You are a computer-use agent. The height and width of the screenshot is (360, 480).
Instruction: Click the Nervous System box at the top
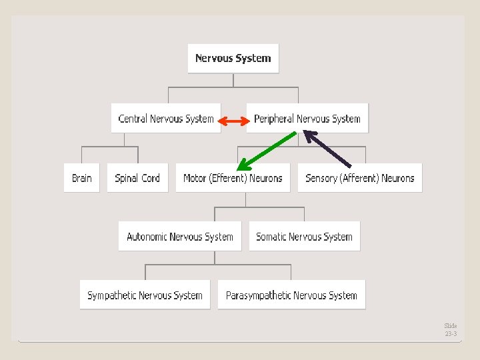(x=233, y=58)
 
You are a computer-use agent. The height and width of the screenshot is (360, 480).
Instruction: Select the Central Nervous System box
(x=166, y=119)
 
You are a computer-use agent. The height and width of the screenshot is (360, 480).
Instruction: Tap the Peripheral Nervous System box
(x=307, y=119)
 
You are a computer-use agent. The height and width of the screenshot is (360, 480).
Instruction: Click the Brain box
(x=81, y=178)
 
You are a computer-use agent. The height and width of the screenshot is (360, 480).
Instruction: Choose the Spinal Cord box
(x=137, y=178)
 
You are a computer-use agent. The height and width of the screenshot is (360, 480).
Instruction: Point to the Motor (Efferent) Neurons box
(x=233, y=178)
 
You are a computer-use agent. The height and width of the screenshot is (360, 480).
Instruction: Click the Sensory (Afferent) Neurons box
(x=359, y=178)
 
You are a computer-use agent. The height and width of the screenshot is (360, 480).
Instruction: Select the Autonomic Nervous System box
(x=179, y=237)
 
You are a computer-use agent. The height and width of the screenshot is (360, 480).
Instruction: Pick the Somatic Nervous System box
(x=304, y=237)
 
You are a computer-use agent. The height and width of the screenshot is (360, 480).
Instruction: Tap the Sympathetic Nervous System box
(x=145, y=295)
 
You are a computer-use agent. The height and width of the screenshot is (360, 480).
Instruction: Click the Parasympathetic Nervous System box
(x=291, y=295)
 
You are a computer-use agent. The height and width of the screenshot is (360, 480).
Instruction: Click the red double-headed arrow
(x=233, y=121)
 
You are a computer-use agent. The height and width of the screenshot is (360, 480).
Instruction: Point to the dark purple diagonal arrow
(x=327, y=148)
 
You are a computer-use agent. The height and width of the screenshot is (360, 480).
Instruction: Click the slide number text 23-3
(x=451, y=333)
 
